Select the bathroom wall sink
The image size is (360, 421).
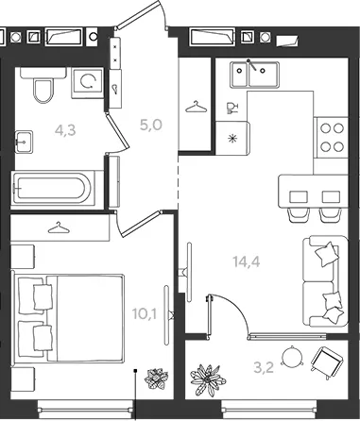point(24,142)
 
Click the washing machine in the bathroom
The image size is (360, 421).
point(88,83)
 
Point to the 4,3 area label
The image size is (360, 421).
point(65,130)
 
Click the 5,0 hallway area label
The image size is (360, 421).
point(151,125)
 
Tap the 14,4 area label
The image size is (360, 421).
point(247,261)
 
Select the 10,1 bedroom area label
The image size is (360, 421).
point(145,313)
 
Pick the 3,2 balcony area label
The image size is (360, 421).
point(264,367)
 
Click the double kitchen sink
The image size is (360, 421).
point(254,75)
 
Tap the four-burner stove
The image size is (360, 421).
point(333,138)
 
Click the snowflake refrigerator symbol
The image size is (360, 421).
point(232,138)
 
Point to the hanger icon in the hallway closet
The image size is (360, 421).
point(197,107)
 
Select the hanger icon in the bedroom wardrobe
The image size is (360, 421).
point(59,227)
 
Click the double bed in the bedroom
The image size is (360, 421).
point(68,318)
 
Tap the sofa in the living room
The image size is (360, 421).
point(325,281)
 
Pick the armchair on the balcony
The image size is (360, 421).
point(327,362)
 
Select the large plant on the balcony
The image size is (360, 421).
point(208,380)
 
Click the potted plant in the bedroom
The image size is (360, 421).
point(156,379)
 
